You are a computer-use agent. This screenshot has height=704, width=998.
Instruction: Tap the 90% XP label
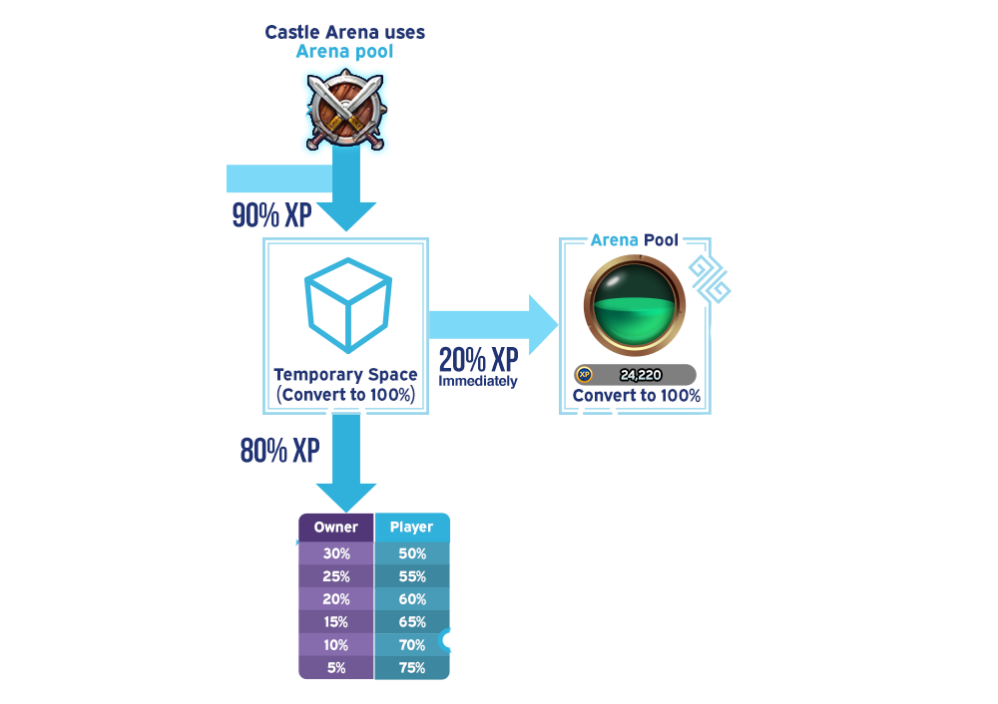[x=271, y=215]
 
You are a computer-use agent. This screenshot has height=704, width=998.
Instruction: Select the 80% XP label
[x=279, y=451]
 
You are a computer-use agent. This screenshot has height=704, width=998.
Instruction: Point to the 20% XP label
[x=478, y=360]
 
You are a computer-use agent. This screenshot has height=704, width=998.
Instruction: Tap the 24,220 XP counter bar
[x=635, y=375]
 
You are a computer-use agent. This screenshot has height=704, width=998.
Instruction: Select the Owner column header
[x=336, y=528]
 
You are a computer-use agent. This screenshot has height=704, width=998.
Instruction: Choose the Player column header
[x=411, y=528]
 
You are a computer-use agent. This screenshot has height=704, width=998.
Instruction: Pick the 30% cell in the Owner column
[x=336, y=553]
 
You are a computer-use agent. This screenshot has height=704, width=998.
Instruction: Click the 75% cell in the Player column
[x=411, y=668]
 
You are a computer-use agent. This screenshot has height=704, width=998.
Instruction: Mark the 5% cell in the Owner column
[x=336, y=668]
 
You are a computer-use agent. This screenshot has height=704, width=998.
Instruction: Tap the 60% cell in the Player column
[x=411, y=599]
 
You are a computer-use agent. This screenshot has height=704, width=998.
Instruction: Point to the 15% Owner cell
[x=336, y=622]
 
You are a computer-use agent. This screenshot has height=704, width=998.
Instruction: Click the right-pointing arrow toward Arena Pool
[x=493, y=324]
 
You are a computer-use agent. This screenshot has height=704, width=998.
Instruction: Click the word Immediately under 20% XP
[x=478, y=381]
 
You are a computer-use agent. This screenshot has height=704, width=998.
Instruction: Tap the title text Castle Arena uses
[x=344, y=32]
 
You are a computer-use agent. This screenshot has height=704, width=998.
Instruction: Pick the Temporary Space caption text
[x=345, y=376]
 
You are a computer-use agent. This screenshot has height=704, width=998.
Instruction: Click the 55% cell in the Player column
[x=411, y=576]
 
